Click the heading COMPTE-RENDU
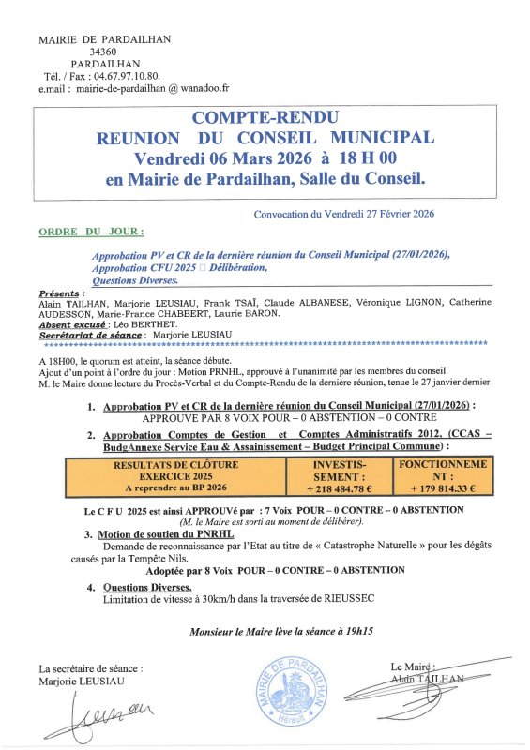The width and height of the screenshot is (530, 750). pyautogui.click(x=265, y=118)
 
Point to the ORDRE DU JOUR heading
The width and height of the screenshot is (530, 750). pyautogui.click(x=92, y=231)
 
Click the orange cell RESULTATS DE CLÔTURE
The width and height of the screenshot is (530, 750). pyautogui.click(x=176, y=465)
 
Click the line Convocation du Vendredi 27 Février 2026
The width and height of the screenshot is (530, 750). pyautogui.click(x=345, y=215)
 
